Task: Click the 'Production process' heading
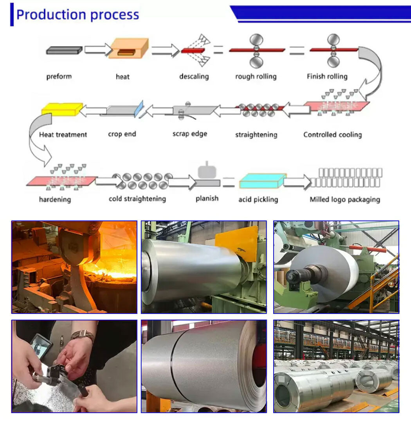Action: coord(78,15)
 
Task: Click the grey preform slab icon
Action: coord(64,50)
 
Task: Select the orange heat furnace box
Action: coord(129,49)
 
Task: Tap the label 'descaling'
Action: coord(194,76)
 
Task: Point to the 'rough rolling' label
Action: coord(256,76)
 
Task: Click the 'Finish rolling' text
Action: coord(327,76)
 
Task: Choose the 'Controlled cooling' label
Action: coord(332,135)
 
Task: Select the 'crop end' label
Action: coord(122,134)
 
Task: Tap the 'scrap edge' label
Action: coord(189,134)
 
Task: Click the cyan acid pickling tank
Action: coord(262,181)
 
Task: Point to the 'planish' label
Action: coord(207,198)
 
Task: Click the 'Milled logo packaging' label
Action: coord(344,199)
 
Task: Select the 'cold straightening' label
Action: coord(137,199)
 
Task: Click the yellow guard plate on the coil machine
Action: coord(238,242)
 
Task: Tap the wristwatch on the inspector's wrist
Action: coord(83,335)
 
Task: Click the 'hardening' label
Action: coord(55,199)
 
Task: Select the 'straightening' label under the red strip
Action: coord(256,135)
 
